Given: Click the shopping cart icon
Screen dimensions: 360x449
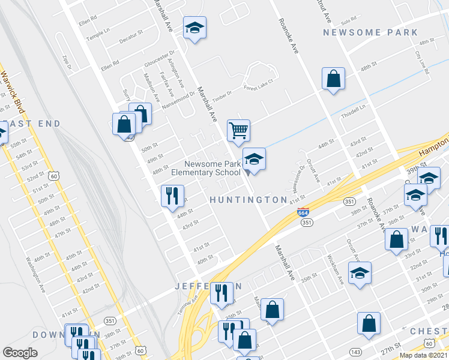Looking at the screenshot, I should pyautogui.click(x=238, y=129).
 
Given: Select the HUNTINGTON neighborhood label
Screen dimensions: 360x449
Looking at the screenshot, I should pyautogui.click(x=249, y=199).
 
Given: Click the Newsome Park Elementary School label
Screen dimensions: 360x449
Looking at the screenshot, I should pyautogui.click(x=212, y=168).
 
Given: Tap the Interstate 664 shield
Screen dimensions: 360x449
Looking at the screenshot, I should pyautogui.click(x=304, y=212).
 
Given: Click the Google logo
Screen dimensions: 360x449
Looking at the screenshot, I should pyautogui.click(x=20, y=353).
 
